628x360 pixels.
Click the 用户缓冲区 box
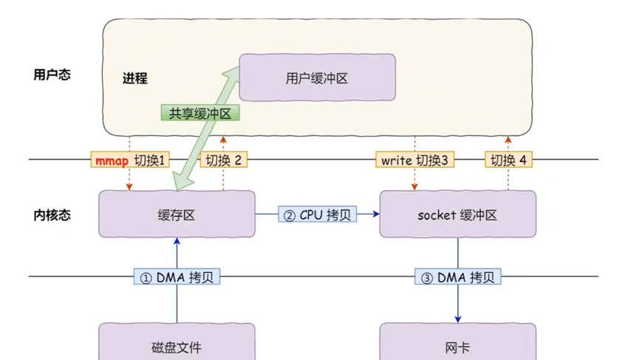pyautogui.click(x=317, y=78)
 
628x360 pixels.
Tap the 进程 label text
pyautogui.click(x=135, y=78)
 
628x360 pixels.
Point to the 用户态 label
pyautogui.click(x=52, y=75)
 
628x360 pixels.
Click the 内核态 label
pyautogui.click(x=52, y=214)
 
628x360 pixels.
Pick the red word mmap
pyautogui.click(x=112, y=160)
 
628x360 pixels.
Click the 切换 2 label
pyautogui.click(x=223, y=160)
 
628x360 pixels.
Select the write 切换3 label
pyautogui.click(x=414, y=160)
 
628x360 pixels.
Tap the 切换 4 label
pyautogui.click(x=508, y=160)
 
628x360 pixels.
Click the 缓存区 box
pyautogui.click(x=177, y=214)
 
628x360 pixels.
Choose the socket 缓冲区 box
pyautogui.click(x=457, y=214)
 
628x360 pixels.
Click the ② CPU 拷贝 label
pyautogui.click(x=317, y=215)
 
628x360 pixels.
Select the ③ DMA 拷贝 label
pyautogui.click(x=458, y=277)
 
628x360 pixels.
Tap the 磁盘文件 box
pyautogui.click(x=177, y=345)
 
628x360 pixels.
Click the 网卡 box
pyautogui.click(x=457, y=345)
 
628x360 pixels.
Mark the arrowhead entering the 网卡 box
pyautogui.click(x=458, y=319)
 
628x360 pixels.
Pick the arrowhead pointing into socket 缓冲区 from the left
pyautogui.click(x=375, y=214)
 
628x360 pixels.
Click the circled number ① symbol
pyautogui.click(x=146, y=278)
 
